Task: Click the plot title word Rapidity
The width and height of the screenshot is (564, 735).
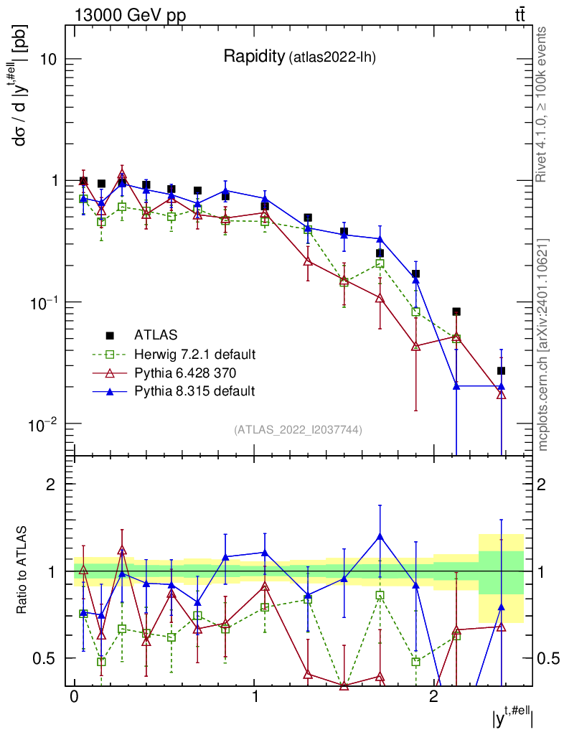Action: point(253,57)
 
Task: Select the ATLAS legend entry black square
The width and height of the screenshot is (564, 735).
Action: point(110,334)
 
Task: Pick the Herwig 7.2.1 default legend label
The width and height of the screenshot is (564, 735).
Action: point(195,354)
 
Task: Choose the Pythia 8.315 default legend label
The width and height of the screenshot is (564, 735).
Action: point(194,391)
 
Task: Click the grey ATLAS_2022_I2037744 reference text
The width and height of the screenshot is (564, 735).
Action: point(298,430)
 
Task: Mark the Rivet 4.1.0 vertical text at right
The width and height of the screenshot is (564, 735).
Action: point(542,104)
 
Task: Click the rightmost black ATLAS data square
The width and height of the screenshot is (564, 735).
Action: point(502,370)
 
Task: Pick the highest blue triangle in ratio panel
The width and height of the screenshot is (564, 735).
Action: point(380,536)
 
